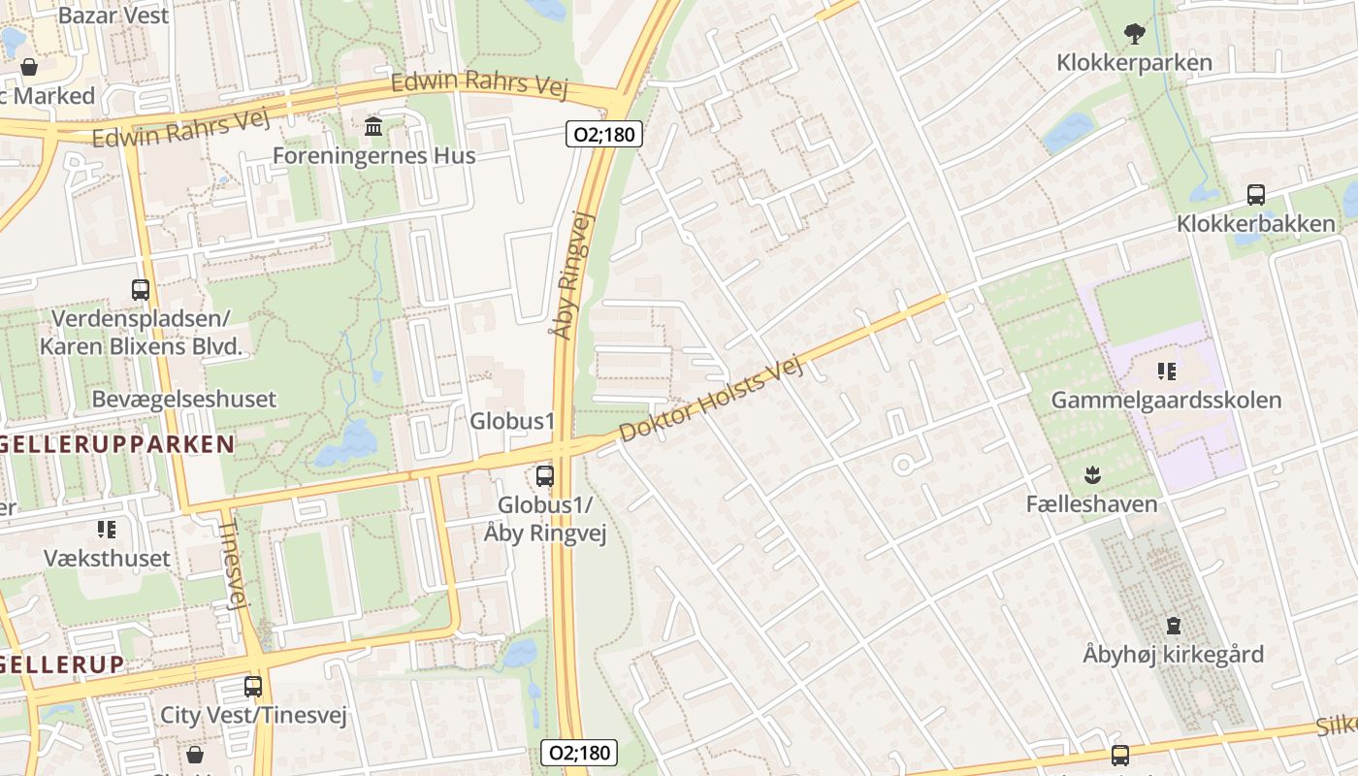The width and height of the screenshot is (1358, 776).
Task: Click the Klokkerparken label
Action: point(1134,63)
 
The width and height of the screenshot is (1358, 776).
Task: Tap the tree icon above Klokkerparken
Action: point(1134,35)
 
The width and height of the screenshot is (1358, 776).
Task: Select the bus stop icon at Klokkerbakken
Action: point(1256,195)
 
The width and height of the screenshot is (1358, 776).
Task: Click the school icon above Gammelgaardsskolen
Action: point(1166,371)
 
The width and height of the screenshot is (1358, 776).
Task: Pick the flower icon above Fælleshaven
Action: point(1092,475)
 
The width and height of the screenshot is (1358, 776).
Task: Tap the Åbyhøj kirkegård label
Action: point(1173,655)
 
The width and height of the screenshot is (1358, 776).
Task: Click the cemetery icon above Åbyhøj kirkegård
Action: point(1174,626)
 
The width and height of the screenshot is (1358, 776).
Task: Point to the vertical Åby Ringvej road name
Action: point(572,276)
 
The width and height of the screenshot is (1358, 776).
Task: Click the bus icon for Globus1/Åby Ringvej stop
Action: point(545,475)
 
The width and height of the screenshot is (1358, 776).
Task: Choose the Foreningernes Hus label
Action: point(373,155)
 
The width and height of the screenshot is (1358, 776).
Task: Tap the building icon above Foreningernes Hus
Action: point(373,126)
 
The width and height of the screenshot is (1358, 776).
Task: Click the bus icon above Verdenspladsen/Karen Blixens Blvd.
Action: point(141,289)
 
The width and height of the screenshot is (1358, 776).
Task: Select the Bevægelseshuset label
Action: point(183,399)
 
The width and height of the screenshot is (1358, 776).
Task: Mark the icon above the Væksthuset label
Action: point(107,530)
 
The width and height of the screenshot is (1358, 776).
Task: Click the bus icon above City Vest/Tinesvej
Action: point(253,687)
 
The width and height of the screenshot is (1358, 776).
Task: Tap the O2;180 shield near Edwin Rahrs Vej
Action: point(604,134)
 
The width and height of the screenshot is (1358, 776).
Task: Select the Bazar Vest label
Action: point(113,16)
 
